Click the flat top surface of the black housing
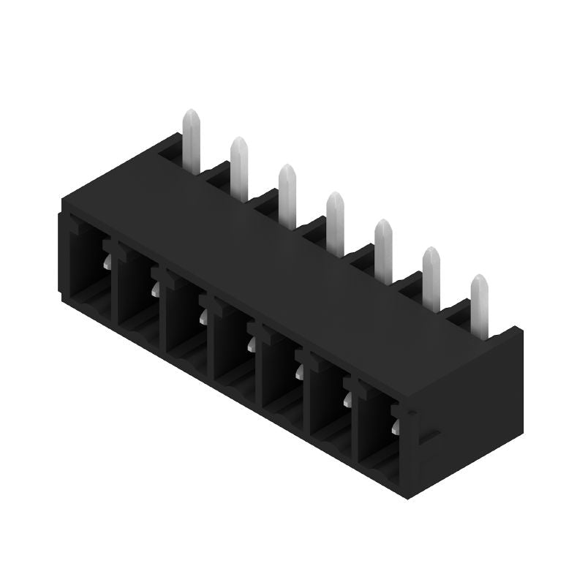[292, 241]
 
